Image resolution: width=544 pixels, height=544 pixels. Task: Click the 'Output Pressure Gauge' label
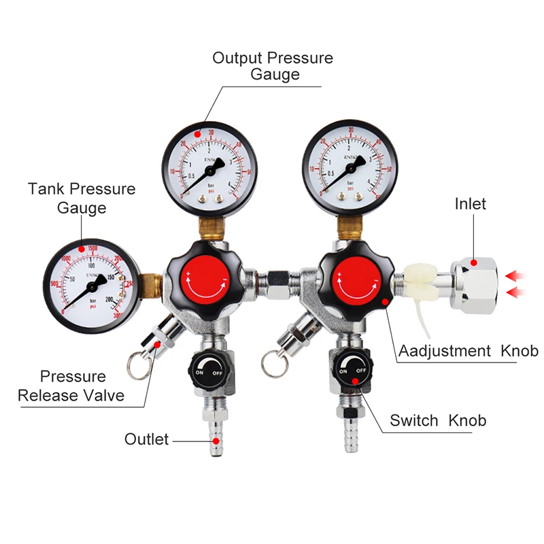point(273,66)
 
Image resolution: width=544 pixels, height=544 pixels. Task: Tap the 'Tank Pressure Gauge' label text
point(82,198)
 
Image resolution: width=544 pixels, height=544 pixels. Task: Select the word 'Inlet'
point(471,203)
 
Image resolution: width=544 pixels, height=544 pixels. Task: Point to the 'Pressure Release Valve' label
point(71,386)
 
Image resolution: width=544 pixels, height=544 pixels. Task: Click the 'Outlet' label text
point(146,439)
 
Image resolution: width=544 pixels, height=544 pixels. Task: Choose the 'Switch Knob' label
point(438,421)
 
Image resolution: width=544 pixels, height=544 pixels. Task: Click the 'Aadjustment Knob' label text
point(469,351)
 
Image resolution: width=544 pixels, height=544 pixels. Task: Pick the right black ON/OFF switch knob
point(353,370)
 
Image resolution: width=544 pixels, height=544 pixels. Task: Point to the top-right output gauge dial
point(348,160)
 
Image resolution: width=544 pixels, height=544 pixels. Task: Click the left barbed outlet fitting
point(215,435)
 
